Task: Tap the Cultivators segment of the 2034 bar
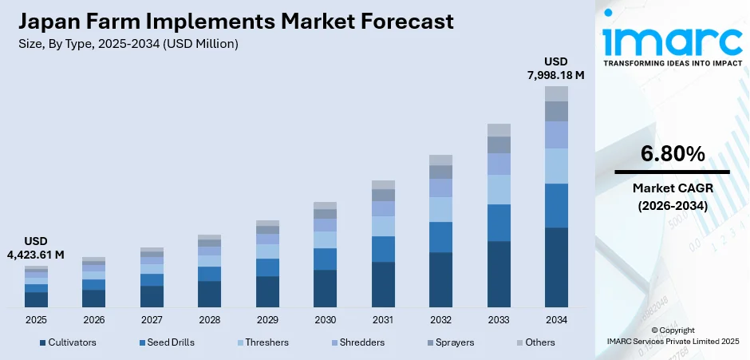(x=556, y=267)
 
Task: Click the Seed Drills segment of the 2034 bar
(x=556, y=205)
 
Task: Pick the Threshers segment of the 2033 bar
(x=499, y=189)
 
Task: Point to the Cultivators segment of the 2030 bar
(x=325, y=288)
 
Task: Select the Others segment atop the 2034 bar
(x=556, y=93)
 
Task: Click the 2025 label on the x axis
(x=36, y=319)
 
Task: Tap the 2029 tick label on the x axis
(x=267, y=319)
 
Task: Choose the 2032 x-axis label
(x=440, y=319)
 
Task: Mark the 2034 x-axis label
(x=556, y=319)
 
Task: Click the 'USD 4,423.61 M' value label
(x=36, y=247)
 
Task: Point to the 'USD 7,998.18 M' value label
(x=556, y=68)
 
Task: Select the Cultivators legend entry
(x=68, y=342)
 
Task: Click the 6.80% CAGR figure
(x=672, y=153)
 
